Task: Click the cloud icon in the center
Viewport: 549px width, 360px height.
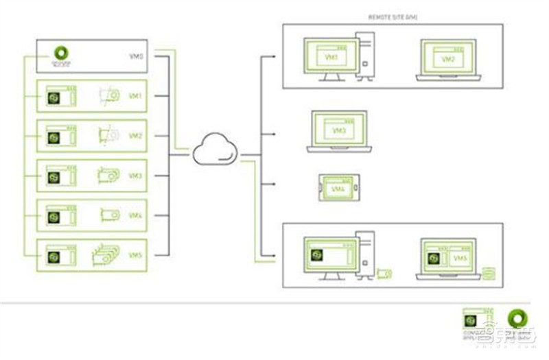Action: click(x=215, y=150)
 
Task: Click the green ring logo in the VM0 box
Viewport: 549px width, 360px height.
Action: click(x=61, y=54)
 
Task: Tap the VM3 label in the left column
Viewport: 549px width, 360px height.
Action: click(x=135, y=176)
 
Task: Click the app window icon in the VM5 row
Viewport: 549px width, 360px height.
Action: click(x=60, y=256)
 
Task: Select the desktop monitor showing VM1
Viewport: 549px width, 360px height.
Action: click(x=331, y=58)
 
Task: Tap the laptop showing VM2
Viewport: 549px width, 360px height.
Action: click(x=448, y=60)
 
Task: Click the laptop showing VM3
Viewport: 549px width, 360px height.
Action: click(x=339, y=131)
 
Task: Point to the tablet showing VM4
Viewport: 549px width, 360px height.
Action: click(x=339, y=187)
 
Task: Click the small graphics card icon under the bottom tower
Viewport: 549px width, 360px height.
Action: click(x=383, y=274)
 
